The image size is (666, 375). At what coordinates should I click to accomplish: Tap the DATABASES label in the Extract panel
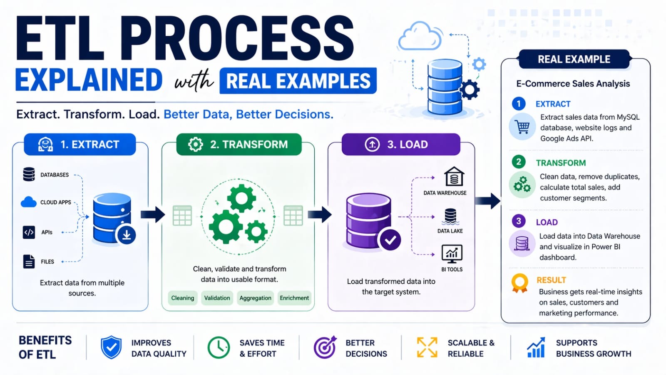click(55, 175)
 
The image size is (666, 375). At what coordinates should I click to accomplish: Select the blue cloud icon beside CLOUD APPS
click(29, 202)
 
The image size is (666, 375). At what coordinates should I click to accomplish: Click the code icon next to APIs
click(29, 232)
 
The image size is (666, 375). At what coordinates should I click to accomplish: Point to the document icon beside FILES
click(29, 261)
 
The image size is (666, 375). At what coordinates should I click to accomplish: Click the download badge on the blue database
click(127, 235)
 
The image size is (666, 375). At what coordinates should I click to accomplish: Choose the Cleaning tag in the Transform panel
click(183, 298)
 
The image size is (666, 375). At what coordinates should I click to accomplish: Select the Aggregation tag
click(255, 298)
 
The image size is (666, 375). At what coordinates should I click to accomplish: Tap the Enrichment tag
click(294, 298)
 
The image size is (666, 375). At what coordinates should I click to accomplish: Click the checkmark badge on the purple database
click(390, 240)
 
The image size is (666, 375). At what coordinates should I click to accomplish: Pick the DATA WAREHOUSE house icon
click(454, 177)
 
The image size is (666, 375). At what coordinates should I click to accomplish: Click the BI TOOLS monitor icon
click(452, 253)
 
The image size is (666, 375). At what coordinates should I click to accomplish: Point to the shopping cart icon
click(522, 126)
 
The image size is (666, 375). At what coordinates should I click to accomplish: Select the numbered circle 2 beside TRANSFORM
click(519, 162)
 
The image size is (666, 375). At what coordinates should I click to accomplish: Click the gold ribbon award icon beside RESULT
click(520, 283)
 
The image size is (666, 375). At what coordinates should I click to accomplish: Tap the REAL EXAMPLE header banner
click(574, 59)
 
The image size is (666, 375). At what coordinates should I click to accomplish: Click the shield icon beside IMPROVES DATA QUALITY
click(111, 348)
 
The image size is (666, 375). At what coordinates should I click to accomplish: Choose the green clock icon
click(219, 348)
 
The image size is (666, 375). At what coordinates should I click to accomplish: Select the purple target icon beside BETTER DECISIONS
click(325, 347)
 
